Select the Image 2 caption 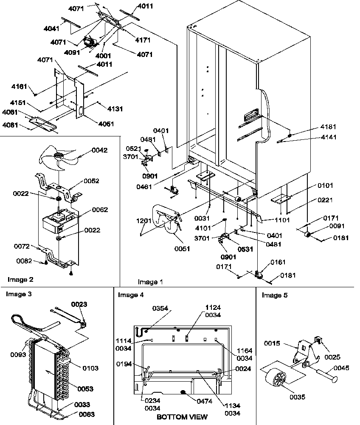(20, 279)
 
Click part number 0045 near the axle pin (341, 368)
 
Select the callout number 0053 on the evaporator (85, 388)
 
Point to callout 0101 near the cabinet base (324, 186)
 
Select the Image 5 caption (274, 295)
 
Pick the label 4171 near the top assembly (144, 40)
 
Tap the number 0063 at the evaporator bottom (86, 414)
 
